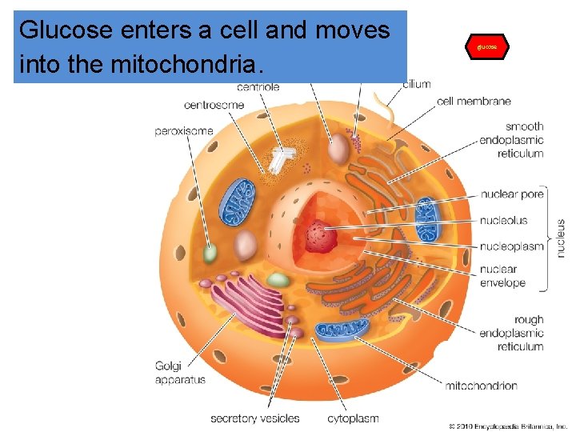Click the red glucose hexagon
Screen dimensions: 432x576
(486, 47)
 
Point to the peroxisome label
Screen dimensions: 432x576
(184, 130)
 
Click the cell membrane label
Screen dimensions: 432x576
(474, 102)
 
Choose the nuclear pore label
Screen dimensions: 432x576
(512, 194)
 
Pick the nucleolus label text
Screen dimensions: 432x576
(504, 220)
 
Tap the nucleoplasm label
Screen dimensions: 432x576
(512, 246)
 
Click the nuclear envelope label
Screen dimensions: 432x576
(502, 276)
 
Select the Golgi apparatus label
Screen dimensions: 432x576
(180, 373)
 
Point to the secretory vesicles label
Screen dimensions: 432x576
(255, 418)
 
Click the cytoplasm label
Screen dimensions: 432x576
(353, 418)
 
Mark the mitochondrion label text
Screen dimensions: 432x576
(481, 386)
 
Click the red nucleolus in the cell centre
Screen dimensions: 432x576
(323, 236)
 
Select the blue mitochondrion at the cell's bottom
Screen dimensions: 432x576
(342, 330)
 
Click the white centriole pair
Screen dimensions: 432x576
(280, 160)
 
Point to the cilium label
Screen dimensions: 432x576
(417, 84)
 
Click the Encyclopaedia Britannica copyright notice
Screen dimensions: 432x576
(507, 426)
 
